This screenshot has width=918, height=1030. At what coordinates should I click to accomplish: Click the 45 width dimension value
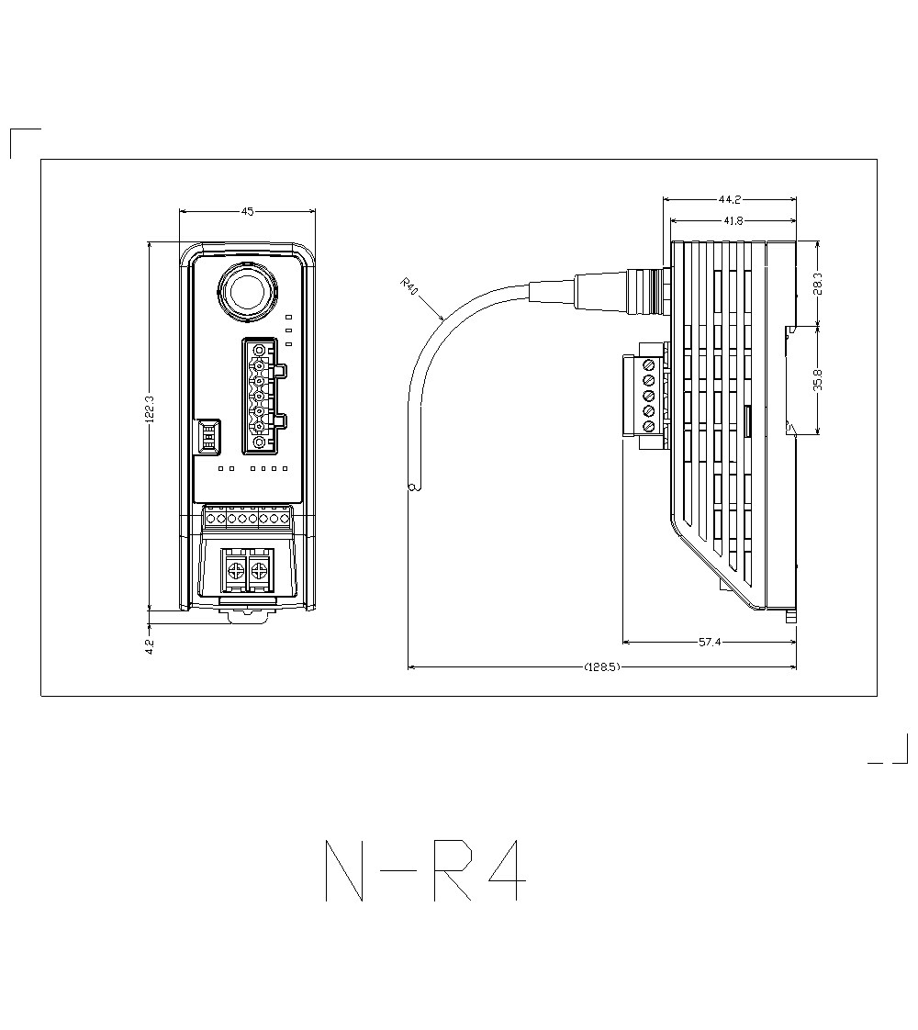coord(247,211)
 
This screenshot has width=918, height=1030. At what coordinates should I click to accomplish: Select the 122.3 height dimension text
coord(150,409)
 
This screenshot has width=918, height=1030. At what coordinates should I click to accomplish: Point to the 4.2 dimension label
coord(150,646)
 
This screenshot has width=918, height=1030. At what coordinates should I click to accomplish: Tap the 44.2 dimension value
coord(730,199)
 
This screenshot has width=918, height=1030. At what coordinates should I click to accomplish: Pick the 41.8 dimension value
coord(733,221)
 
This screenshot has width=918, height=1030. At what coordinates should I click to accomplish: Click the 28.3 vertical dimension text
coord(817,284)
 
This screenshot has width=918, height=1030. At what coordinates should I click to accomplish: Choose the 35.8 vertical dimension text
coord(817,379)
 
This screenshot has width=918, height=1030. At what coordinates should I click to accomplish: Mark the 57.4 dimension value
coord(710,643)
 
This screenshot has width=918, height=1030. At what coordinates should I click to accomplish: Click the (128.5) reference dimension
coord(602,667)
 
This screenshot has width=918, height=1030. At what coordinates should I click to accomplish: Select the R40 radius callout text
coord(410,286)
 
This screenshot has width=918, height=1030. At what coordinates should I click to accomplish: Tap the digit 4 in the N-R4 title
coord(506,870)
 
